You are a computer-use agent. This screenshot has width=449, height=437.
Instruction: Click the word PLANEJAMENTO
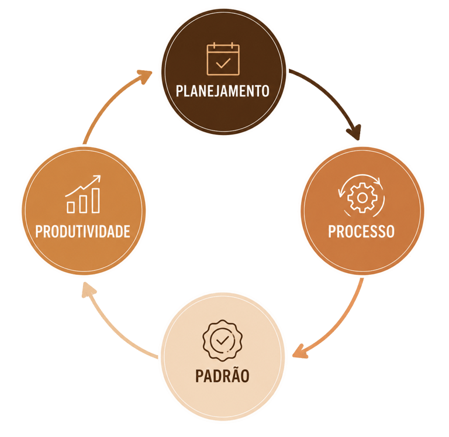coord(223,91)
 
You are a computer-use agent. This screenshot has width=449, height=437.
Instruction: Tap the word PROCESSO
coord(361,231)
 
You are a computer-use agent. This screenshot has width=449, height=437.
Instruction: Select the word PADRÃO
coord(222,375)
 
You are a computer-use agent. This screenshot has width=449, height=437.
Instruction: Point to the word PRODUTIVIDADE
coord(83,231)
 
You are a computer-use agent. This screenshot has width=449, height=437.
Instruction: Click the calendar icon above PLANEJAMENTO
coord(223,59)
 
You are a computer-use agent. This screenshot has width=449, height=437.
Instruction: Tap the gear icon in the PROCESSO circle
coord(362,198)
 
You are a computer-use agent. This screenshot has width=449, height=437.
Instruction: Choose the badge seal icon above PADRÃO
coord(223,340)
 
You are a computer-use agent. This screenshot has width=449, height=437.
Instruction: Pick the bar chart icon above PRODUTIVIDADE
coord(84,194)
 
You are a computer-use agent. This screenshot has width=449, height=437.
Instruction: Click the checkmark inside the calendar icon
coord(223,63)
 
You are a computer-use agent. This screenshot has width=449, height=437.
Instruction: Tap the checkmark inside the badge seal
coord(223,340)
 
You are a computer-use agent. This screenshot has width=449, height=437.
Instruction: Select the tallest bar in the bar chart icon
coord(96,200)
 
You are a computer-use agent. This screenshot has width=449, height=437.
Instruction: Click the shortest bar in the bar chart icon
coord(70,207)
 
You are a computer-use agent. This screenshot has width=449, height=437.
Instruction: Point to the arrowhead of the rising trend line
coord(98,178)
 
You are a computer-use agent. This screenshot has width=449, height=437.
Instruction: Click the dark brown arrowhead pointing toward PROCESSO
coord(354,132)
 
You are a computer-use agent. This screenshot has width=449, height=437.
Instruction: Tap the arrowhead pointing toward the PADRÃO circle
coord(300,352)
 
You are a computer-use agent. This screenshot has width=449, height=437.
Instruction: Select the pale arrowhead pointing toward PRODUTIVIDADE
coord(88,290)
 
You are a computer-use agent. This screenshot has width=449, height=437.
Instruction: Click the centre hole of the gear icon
coord(362,198)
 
